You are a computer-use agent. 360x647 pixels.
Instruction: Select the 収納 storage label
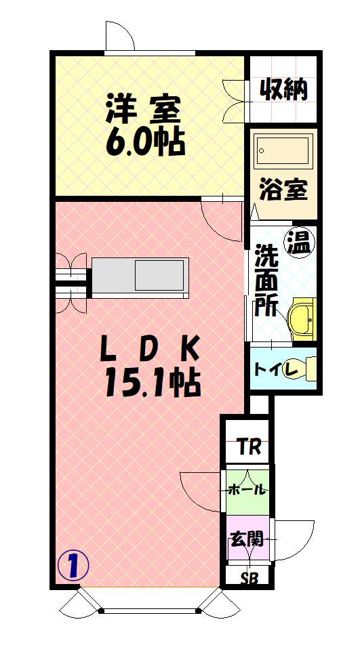tap(283, 89)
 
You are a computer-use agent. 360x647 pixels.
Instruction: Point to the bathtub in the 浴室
tap(283, 149)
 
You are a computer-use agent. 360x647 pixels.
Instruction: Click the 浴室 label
tap(283, 190)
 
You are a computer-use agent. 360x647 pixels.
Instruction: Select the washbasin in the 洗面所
tap(302, 318)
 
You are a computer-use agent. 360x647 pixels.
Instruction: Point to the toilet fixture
tap(311, 369)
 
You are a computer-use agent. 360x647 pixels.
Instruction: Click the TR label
tap(247, 447)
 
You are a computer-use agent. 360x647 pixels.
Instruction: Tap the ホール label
tap(247, 490)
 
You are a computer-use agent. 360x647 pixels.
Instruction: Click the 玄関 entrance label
tap(247, 539)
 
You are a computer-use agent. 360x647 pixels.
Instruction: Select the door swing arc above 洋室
tap(119, 35)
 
